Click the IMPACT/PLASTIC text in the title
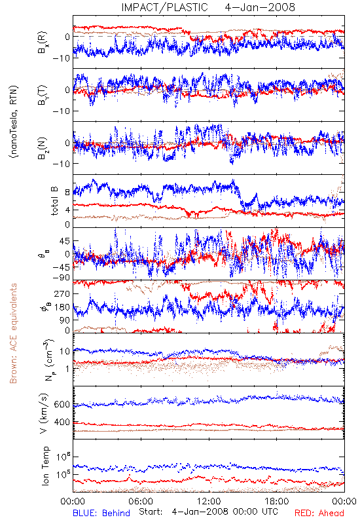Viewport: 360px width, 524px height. (165, 7)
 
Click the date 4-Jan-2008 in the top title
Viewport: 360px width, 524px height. (260, 7)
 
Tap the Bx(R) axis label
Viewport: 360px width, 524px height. (43, 43)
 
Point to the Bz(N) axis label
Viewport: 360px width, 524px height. (43, 148)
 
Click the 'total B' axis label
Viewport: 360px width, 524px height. (54, 201)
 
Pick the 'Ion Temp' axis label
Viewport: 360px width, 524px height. (45, 466)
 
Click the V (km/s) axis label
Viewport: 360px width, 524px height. (44, 413)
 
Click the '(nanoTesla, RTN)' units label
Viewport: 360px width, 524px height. (14, 122)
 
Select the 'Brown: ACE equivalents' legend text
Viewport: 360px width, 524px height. (13, 333)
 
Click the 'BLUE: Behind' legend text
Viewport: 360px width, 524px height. (101, 513)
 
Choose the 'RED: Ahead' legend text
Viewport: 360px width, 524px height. (319, 513)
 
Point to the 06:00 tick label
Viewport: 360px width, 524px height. (141, 501)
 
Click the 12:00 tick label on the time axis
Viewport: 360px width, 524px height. (209, 501)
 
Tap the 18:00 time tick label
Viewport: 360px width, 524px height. (277, 501)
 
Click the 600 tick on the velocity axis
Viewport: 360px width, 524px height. (62, 404)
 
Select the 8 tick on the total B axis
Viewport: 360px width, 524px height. (67, 193)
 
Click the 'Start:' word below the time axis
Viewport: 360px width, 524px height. (151, 512)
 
